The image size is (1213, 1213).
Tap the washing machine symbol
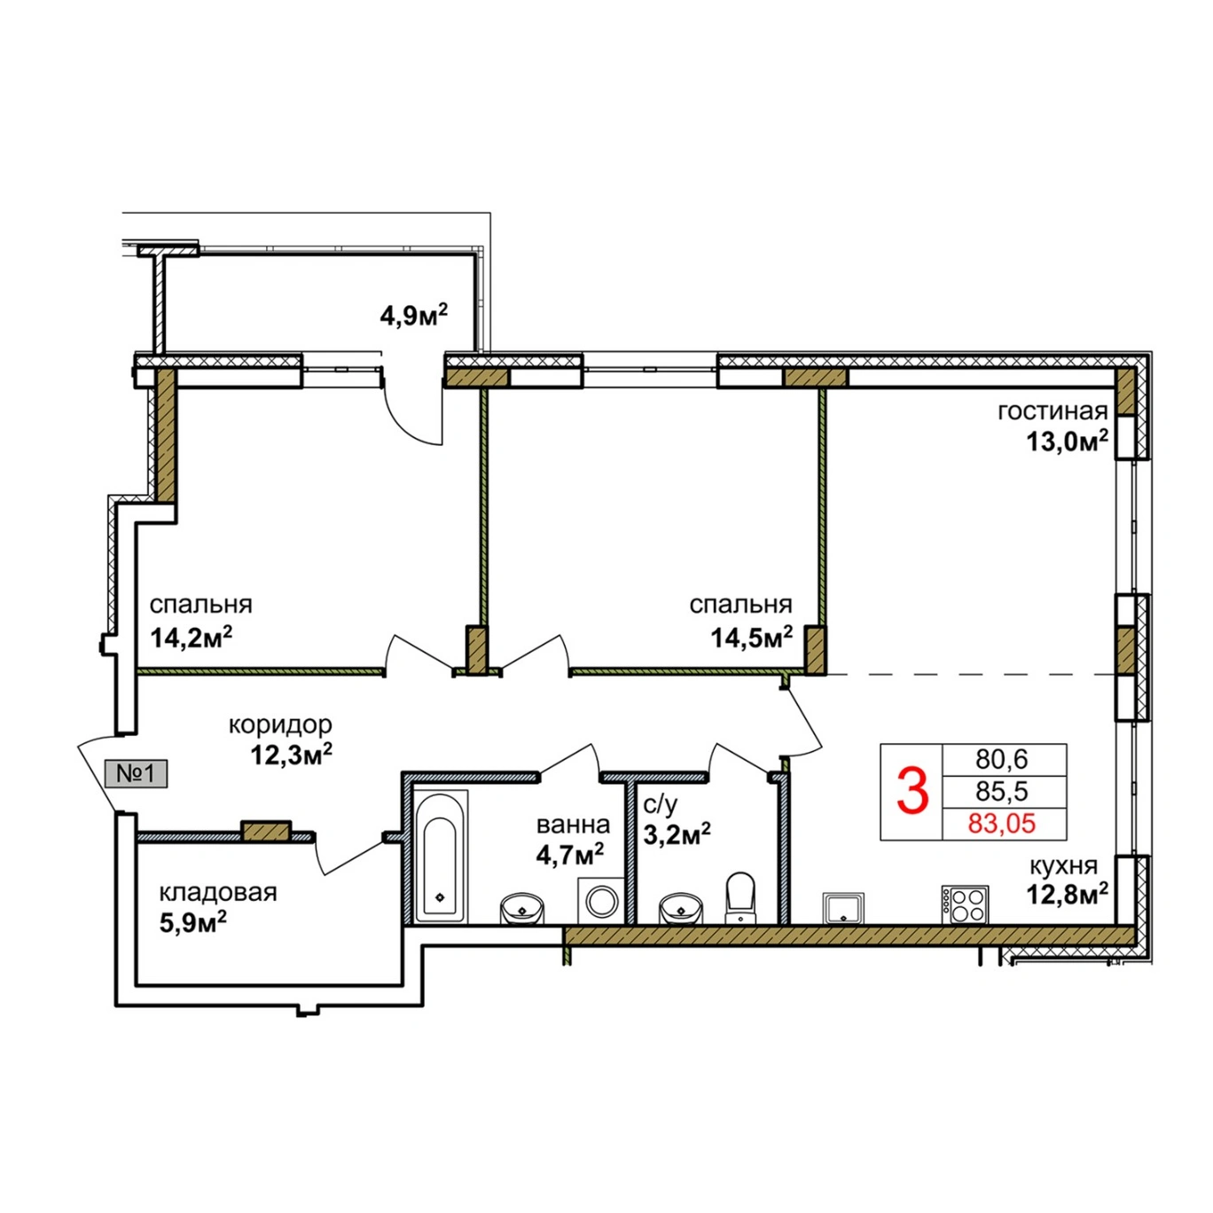point(601,901)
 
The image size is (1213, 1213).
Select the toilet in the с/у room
point(740,898)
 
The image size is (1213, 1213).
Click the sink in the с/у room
point(680,908)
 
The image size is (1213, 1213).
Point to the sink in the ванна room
point(522,908)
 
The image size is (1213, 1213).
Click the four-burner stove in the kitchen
point(965,904)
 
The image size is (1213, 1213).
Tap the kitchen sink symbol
point(843,908)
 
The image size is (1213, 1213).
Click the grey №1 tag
point(136,772)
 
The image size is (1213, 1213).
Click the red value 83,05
point(1001,824)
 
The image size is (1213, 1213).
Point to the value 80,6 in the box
point(1001,760)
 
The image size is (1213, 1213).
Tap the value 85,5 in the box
point(1001,791)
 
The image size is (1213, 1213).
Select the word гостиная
point(1053,412)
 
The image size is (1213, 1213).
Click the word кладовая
point(218,893)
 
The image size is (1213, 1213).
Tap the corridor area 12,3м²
point(292,754)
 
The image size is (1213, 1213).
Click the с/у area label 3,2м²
point(677,835)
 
